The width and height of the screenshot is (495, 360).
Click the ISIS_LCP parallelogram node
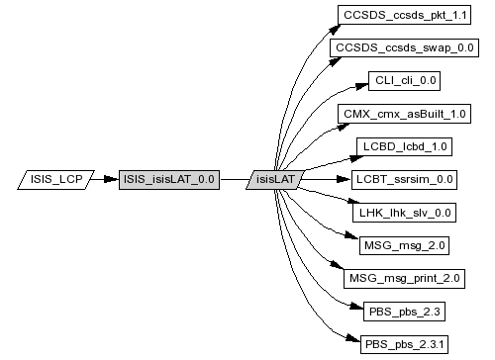tap(55, 180)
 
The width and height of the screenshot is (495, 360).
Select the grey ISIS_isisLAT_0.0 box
tap(169, 180)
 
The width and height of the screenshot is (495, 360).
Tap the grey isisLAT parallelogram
tap(275, 180)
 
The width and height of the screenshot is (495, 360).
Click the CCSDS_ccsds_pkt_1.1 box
tap(404, 15)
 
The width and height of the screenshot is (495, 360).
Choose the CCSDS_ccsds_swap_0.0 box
tap(404, 47)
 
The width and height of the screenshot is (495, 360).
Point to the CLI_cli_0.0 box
tap(404, 81)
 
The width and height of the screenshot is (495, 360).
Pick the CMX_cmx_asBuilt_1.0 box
tap(404, 114)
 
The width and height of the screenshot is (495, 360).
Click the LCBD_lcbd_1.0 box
tap(404, 146)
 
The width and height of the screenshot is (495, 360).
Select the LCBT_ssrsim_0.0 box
tap(404, 180)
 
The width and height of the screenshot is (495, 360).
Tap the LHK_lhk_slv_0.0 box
tap(404, 213)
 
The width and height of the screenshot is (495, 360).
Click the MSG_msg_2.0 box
tap(404, 245)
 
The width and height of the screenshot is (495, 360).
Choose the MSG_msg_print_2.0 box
tap(404, 279)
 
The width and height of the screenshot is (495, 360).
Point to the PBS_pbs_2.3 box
tap(404, 312)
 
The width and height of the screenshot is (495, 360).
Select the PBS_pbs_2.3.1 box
tap(404, 344)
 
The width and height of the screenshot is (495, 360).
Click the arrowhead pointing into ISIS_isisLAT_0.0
tap(111, 179)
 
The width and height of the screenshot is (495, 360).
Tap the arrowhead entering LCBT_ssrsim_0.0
tap(344, 179)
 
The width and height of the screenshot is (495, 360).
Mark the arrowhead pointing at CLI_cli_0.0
tap(361, 86)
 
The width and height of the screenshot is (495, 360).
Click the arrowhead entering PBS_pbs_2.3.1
tap(353, 338)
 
